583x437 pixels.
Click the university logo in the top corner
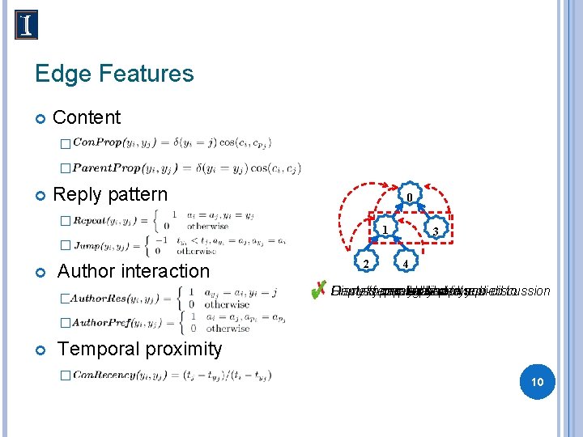(26, 25)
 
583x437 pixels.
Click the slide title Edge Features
(114, 74)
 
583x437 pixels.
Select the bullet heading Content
(86, 117)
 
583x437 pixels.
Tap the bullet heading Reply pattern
(109, 194)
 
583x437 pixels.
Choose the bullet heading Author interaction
(133, 271)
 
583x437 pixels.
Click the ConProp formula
(172, 143)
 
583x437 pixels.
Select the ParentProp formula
(186, 168)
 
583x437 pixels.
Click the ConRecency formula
(172, 375)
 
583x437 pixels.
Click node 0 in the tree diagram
(411, 197)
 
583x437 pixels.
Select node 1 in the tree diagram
(386, 231)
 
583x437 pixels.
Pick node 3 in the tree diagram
(436, 231)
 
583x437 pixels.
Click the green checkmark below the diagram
(320, 290)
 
